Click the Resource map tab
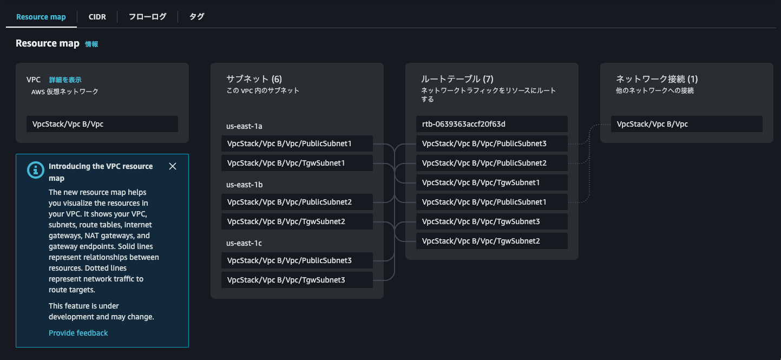(41, 17)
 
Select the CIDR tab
(97, 17)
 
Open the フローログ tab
(147, 17)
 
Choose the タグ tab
(196, 17)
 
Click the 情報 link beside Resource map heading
(91, 44)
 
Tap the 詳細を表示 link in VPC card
(65, 80)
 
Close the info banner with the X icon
(173, 166)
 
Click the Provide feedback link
(78, 333)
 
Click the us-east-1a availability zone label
(244, 126)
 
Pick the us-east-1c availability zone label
(244, 243)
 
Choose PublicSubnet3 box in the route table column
(491, 143)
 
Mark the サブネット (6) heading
(254, 79)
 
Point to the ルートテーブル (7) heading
(457, 79)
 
